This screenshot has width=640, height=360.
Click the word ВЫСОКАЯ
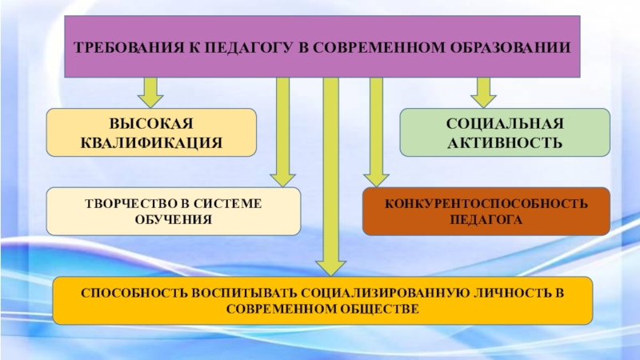(x=151, y=125)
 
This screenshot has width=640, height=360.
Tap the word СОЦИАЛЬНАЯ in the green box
(x=505, y=125)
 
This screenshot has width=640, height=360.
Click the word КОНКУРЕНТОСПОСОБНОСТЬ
(x=486, y=204)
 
